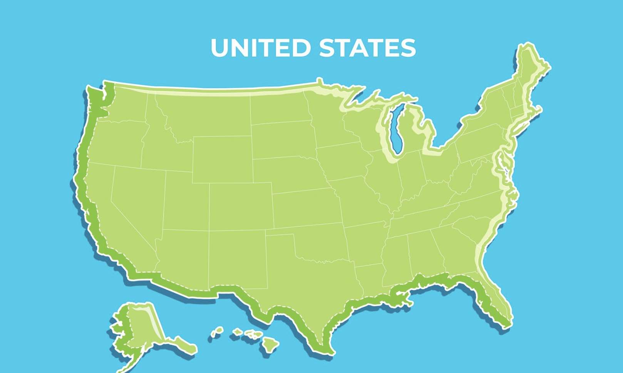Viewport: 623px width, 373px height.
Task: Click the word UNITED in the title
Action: click(260, 48)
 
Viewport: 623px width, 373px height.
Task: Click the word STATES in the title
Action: click(367, 48)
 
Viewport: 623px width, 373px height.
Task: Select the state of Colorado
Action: click(240, 207)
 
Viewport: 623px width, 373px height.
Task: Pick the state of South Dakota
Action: click(283, 141)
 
